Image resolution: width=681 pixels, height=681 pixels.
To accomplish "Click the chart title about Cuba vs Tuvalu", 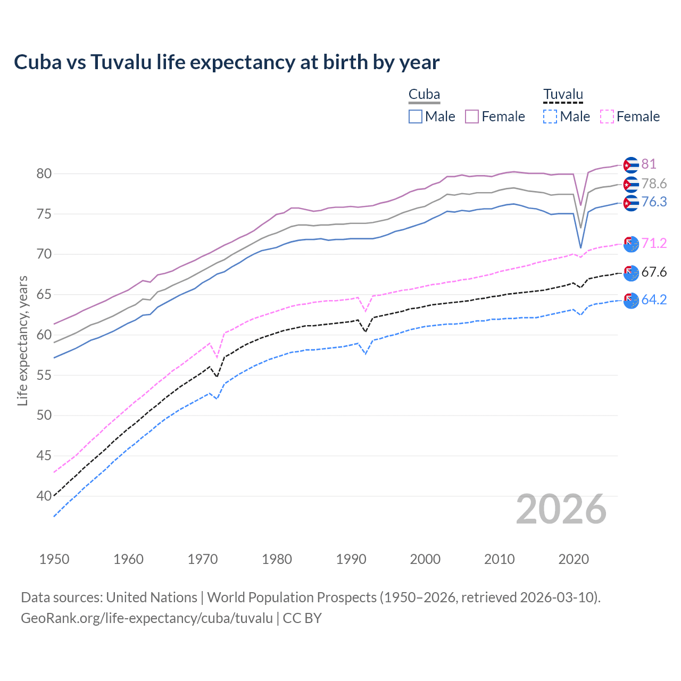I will pyautogui.click(x=227, y=62).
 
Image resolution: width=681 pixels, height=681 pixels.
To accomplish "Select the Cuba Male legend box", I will pyautogui.click(x=416, y=117).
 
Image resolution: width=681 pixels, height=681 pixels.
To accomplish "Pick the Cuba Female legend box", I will pyautogui.click(x=472, y=117).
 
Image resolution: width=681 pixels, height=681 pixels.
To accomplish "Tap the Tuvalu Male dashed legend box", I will pyautogui.click(x=550, y=117).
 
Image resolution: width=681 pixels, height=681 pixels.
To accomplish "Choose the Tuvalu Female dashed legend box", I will pyautogui.click(x=607, y=117).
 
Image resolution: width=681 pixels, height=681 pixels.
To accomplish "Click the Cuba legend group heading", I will pyautogui.click(x=424, y=95).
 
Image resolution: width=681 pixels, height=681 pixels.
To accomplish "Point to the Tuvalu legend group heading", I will pyautogui.click(x=563, y=95).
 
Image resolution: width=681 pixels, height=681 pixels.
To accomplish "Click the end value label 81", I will pyautogui.click(x=649, y=164).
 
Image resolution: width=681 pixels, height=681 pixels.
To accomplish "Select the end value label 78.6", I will pyautogui.click(x=654, y=184).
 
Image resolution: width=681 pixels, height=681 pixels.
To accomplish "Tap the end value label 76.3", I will pyautogui.click(x=654, y=202).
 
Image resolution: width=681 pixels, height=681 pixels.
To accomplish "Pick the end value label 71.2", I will pyautogui.click(x=654, y=243).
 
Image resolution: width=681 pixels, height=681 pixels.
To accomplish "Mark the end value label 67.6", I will pyautogui.click(x=654, y=272).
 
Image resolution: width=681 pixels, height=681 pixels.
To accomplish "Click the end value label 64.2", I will pyautogui.click(x=654, y=300).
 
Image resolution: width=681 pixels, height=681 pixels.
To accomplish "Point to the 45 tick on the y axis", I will pyautogui.click(x=44, y=455).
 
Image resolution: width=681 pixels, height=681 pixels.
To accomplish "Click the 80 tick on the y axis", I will pyautogui.click(x=44, y=173).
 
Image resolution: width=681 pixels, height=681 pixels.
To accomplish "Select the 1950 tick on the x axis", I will pyautogui.click(x=54, y=559).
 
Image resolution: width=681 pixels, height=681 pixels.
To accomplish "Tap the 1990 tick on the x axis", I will pyautogui.click(x=351, y=559).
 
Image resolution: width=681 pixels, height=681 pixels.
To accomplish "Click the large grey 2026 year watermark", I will pyautogui.click(x=561, y=509).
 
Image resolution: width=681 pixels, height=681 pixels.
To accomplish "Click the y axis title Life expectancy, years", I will pyautogui.click(x=22, y=340).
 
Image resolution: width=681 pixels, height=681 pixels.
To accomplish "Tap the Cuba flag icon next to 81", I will pyautogui.click(x=630, y=165).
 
